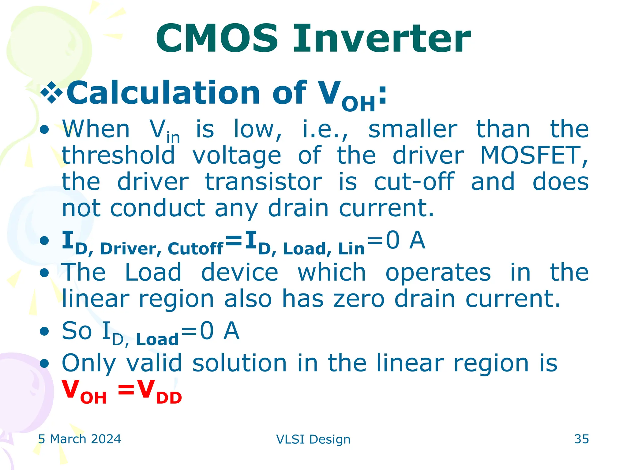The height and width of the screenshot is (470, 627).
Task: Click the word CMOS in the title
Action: (x=217, y=39)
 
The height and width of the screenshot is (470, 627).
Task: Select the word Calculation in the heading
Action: (x=163, y=93)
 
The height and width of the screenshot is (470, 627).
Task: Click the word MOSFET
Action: (x=534, y=155)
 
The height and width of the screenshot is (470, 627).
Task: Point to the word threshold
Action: (x=118, y=155)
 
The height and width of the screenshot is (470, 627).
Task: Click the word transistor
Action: (x=263, y=182)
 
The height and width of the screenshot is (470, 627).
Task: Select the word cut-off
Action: (x=414, y=182)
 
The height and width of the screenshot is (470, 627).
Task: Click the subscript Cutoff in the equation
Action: (x=195, y=249)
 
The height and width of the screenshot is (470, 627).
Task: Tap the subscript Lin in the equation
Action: (x=351, y=249)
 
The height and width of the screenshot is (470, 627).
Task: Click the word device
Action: (x=239, y=272)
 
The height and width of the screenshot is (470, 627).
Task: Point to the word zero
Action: (x=359, y=299)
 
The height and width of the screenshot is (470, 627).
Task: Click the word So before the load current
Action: (x=77, y=331)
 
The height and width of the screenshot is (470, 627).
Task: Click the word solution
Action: (x=239, y=363)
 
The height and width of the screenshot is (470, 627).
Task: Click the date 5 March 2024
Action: (x=80, y=439)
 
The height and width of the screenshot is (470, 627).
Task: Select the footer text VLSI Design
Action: (x=313, y=439)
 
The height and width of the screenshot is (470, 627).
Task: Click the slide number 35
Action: (x=581, y=439)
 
